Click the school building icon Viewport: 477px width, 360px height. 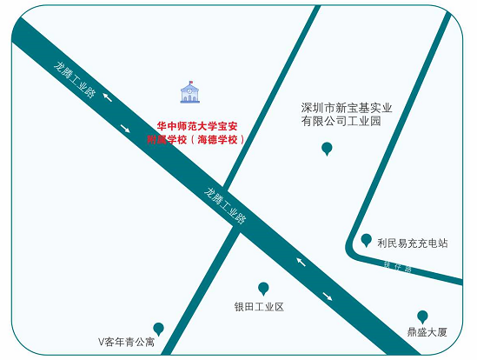point(188,90)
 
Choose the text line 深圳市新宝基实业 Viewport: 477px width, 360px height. point(347,108)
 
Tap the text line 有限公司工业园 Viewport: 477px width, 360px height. point(341,122)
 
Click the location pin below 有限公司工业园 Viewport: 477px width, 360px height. point(327,149)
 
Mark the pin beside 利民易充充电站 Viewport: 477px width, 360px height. point(366,240)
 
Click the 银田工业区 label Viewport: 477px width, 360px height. point(259,307)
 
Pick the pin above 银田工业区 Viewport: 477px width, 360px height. point(263,288)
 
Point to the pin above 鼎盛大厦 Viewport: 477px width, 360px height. point(422,316)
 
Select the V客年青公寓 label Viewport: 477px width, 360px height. point(126,342)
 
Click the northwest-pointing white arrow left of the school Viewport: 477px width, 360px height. point(107,96)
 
